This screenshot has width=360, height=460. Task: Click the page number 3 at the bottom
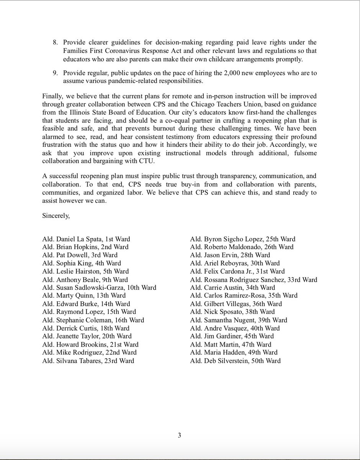[x=179, y=435]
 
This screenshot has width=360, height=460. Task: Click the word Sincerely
[x=56, y=216]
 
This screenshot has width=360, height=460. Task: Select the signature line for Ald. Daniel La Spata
[x=86, y=239]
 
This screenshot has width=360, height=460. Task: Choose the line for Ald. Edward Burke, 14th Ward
[x=86, y=304]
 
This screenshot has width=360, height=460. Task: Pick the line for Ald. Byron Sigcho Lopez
[x=242, y=239]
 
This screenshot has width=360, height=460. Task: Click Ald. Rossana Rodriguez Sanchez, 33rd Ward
[x=254, y=279]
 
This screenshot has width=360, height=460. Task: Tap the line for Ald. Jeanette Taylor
[x=86, y=336]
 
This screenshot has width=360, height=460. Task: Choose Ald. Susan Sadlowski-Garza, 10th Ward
[x=99, y=287]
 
